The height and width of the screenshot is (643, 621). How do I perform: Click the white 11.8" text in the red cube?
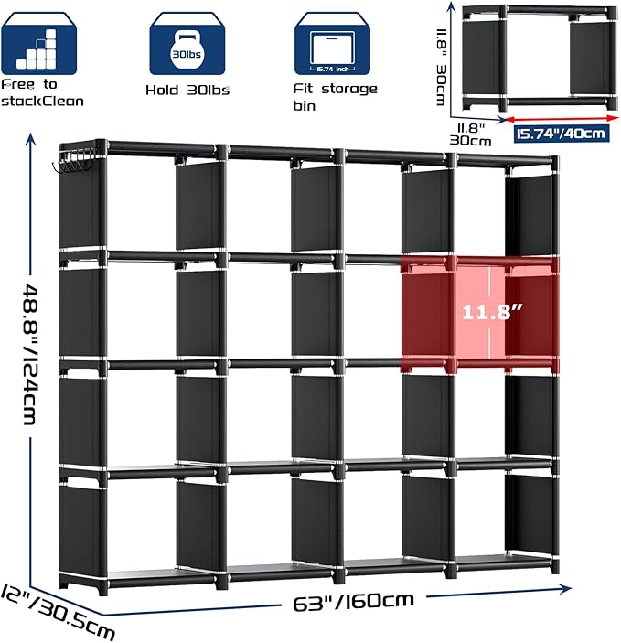coord(492,312)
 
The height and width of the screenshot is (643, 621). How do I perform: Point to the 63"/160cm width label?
coord(353,601)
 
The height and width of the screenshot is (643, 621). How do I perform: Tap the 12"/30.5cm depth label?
coord(58,612)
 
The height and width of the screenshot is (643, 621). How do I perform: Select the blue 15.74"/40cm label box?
coord(562,134)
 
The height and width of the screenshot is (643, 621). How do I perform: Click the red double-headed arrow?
coord(562,119)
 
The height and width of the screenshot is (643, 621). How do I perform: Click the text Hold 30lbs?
coord(187,91)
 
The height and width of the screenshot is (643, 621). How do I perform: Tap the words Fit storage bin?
coord(335,97)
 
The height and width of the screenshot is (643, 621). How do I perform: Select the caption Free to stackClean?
coord(42,93)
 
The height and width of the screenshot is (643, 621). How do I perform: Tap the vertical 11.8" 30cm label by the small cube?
coord(441,67)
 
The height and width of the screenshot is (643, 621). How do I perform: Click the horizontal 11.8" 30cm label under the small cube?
coord(470,134)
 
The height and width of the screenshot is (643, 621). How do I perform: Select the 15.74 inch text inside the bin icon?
coord(332,70)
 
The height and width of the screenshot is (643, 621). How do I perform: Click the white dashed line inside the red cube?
coord(489,313)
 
